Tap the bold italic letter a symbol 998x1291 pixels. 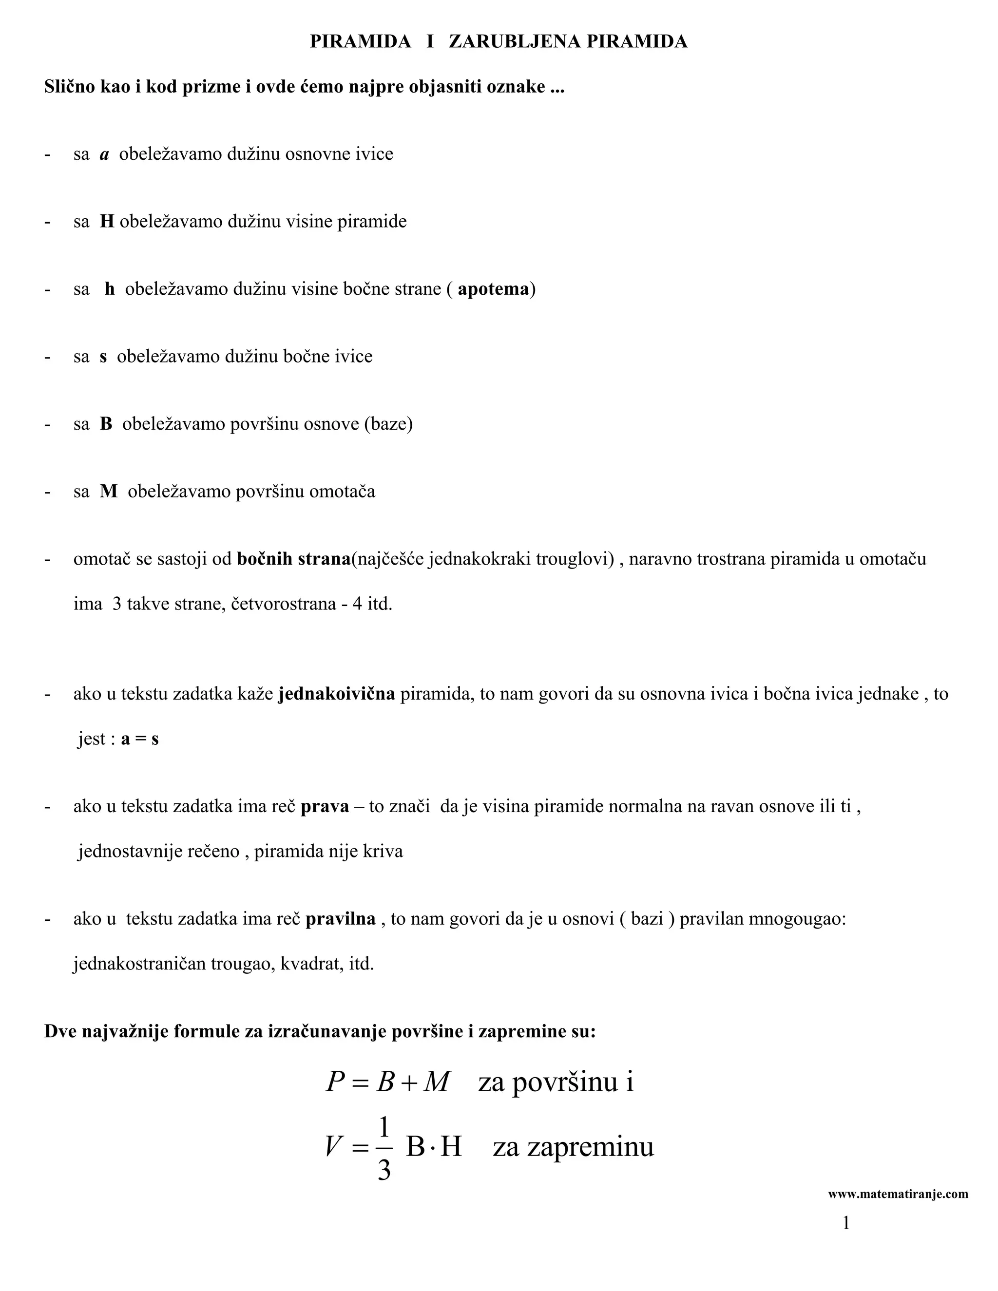pos(105,154)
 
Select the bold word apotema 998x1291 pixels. pos(493,289)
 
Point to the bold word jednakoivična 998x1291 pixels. pos(336,693)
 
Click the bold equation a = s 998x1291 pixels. pos(139,739)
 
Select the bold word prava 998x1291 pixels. pos(325,806)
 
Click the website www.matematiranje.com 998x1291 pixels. pos(898,1194)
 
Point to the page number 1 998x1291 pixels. pos(846,1223)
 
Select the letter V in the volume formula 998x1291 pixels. pos(333,1147)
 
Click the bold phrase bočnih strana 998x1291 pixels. pos(294,559)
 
